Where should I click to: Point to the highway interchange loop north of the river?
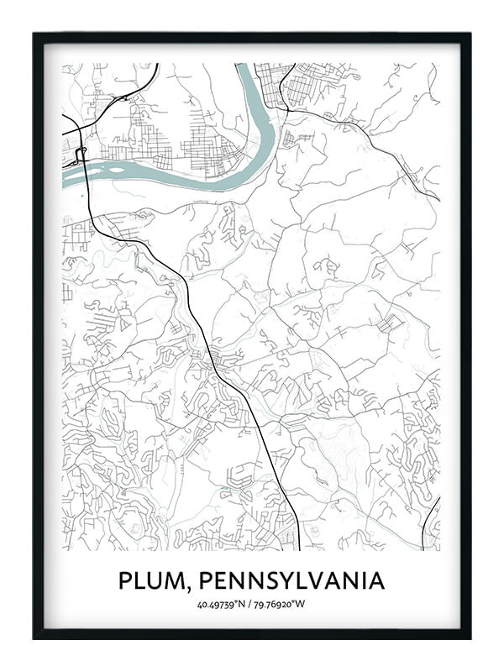[x=81, y=154]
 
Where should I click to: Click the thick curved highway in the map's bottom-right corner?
[x=430, y=521]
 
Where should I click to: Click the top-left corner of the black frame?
[x=34, y=34]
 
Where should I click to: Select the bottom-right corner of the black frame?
[x=470, y=638]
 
